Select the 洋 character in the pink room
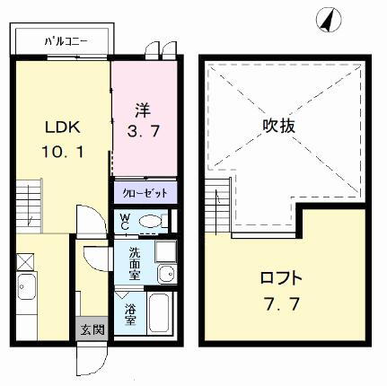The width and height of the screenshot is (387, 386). point(142,110)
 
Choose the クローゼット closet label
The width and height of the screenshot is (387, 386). point(145,192)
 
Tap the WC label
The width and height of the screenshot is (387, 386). point(124,219)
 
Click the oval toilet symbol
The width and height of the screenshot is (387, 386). point(151,220)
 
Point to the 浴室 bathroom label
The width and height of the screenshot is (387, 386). point(130,313)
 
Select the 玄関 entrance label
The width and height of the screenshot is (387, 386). point(92,329)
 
